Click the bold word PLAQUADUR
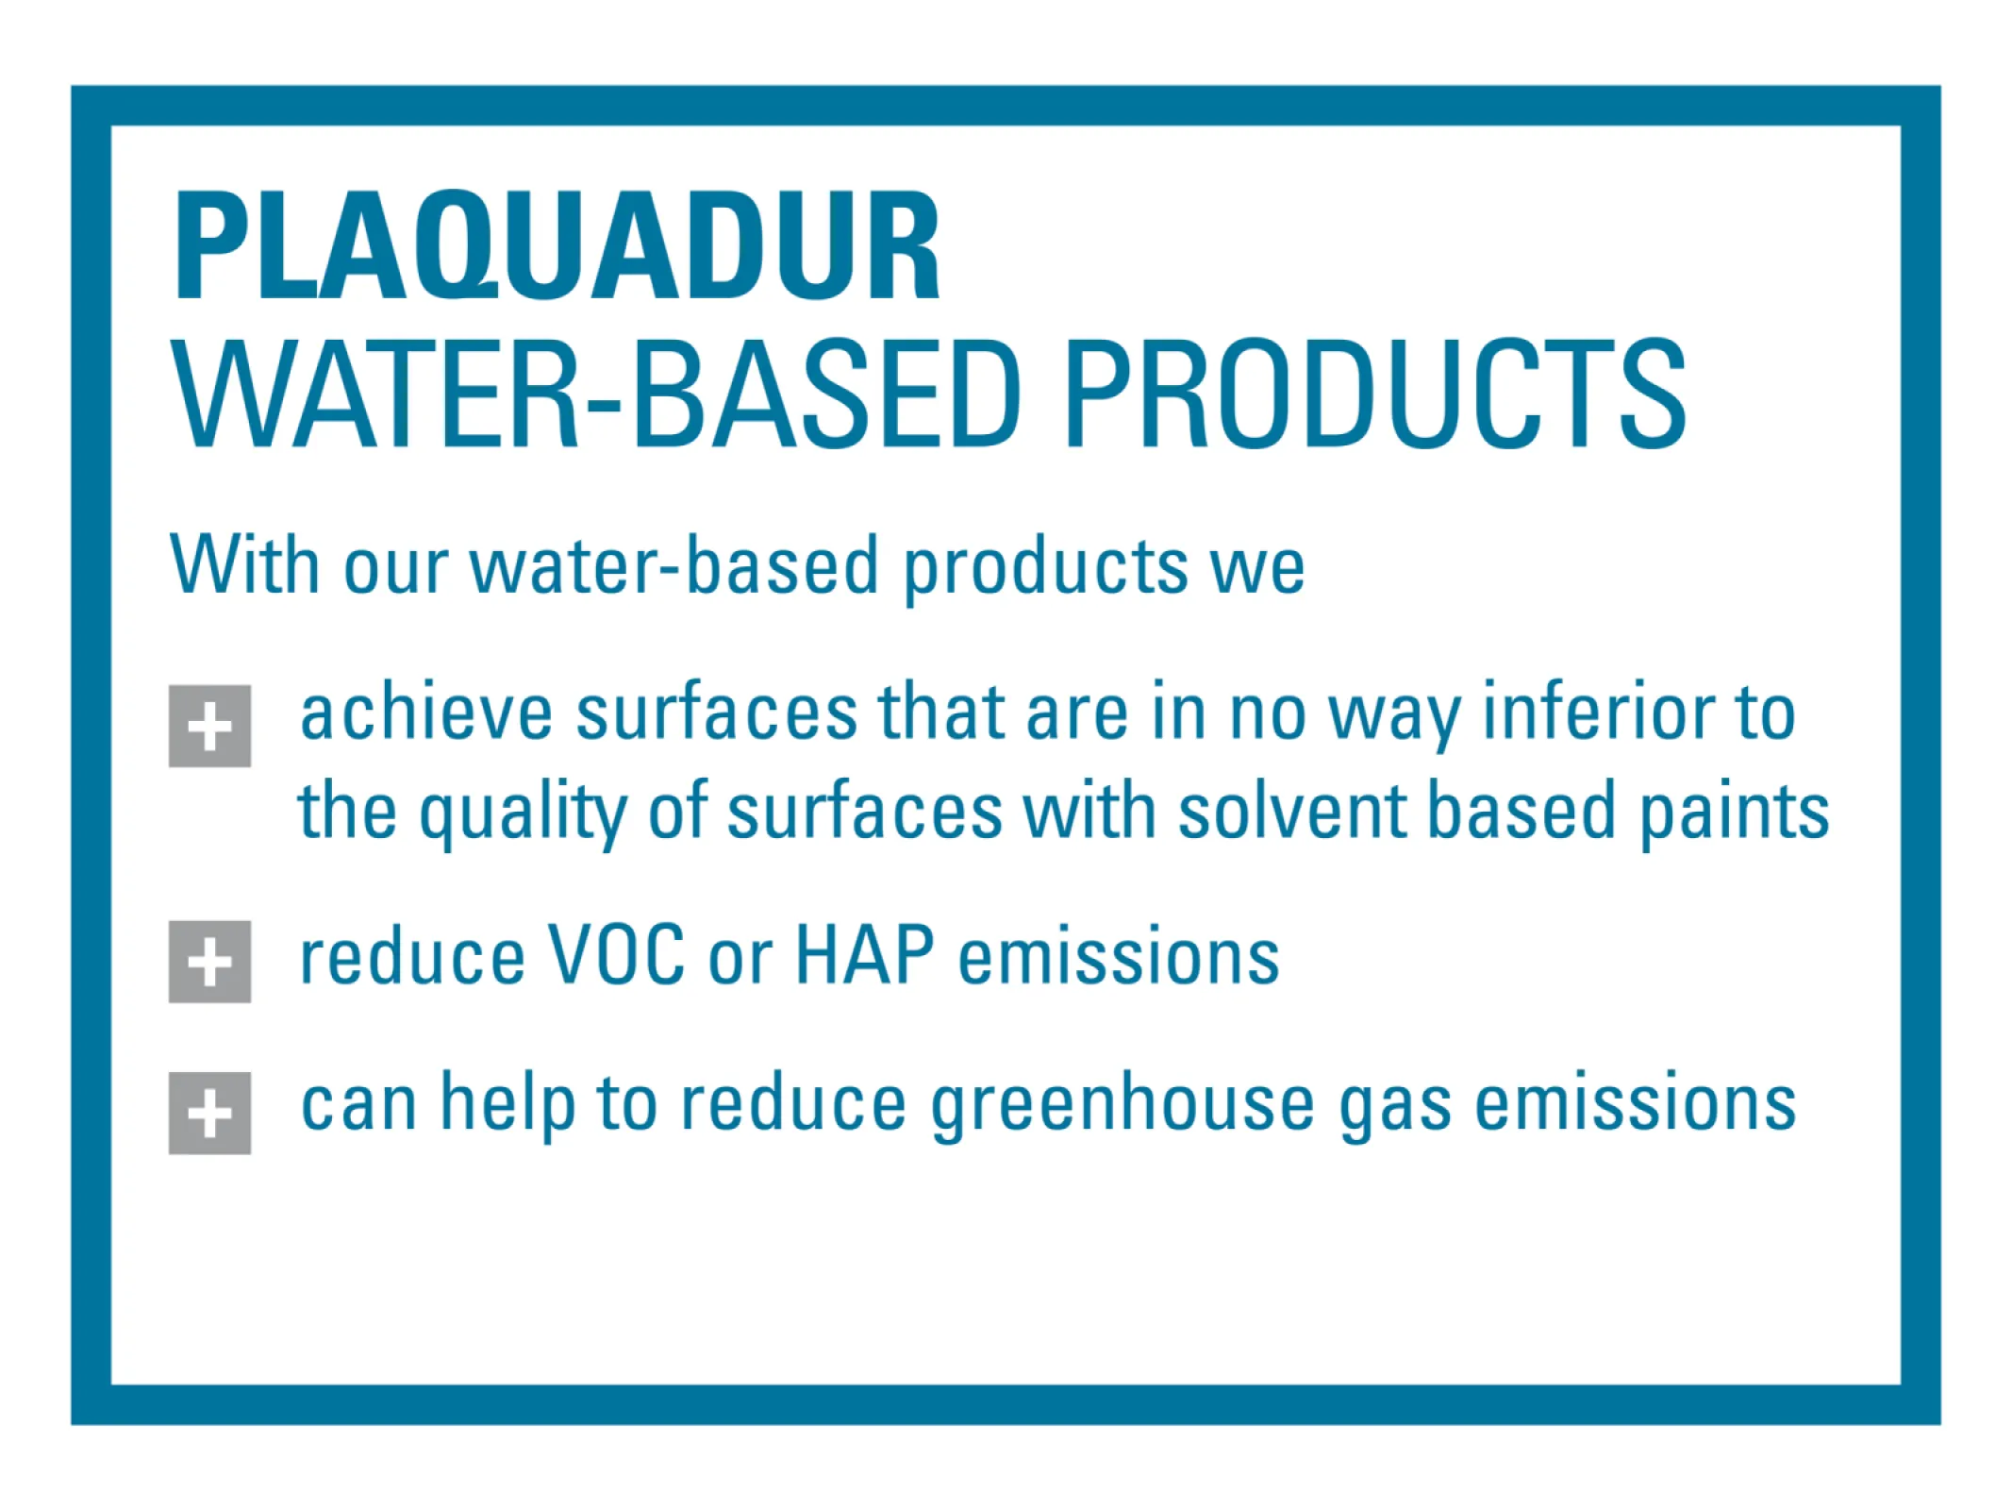tap(557, 246)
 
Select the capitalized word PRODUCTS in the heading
tap(1374, 394)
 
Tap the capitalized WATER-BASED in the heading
tap(597, 394)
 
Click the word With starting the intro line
tap(244, 563)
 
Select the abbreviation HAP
tap(865, 955)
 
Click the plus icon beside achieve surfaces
tap(209, 727)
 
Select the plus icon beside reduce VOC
tap(209, 962)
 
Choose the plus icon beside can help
tap(209, 1113)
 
